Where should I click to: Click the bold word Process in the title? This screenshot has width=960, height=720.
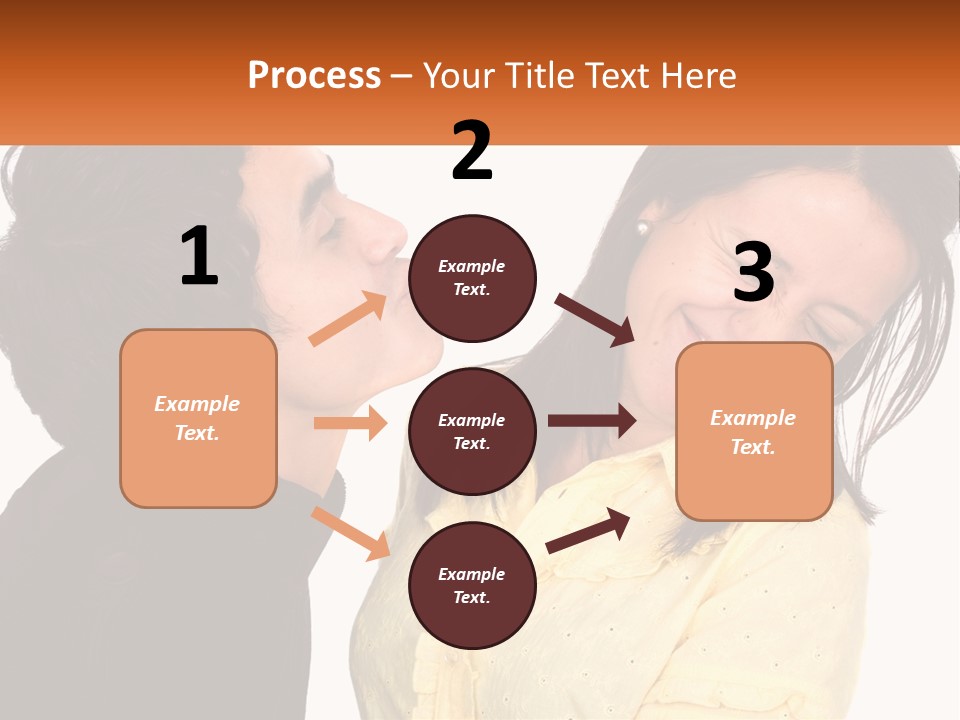click(x=314, y=75)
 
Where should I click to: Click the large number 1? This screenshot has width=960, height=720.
click(x=199, y=256)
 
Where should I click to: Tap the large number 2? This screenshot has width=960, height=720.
click(x=472, y=151)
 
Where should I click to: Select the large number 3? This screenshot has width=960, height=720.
click(x=753, y=272)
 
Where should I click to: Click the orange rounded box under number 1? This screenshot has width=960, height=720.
click(x=198, y=418)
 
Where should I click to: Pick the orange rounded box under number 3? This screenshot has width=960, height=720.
click(x=753, y=431)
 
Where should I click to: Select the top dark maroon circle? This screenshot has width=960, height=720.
click(x=472, y=277)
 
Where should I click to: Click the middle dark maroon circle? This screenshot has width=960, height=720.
click(x=472, y=431)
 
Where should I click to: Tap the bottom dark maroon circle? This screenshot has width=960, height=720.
click(x=472, y=585)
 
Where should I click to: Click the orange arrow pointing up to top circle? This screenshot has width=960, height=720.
click(x=348, y=319)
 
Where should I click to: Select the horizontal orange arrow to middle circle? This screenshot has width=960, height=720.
click(x=350, y=423)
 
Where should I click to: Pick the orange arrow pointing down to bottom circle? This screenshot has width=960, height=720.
click(x=350, y=533)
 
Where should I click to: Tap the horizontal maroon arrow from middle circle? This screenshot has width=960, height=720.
click(x=592, y=421)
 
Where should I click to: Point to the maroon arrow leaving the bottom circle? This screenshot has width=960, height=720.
click(x=589, y=530)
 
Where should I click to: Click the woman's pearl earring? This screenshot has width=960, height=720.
click(x=642, y=228)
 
